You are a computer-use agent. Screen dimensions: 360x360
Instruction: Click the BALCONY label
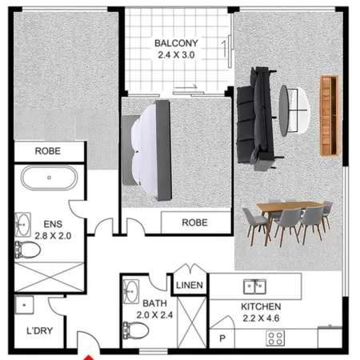[176, 42]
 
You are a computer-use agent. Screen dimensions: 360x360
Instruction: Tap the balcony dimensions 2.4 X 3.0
[176, 54]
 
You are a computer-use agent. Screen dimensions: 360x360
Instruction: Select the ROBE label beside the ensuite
[48, 150]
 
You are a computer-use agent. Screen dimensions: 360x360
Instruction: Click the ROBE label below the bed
[194, 222]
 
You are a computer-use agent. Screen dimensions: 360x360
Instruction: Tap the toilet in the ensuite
[26, 250]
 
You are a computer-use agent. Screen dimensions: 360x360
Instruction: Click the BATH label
[154, 304]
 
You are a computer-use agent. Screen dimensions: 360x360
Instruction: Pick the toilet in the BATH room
[130, 329]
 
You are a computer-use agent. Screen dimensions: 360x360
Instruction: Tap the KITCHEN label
[262, 306]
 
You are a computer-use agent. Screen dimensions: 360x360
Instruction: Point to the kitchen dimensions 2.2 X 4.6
[262, 319]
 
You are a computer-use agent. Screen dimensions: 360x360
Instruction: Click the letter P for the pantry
[222, 338]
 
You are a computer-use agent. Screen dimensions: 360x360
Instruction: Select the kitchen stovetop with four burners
[276, 338]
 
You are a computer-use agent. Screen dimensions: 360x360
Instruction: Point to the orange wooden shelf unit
[326, 114]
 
